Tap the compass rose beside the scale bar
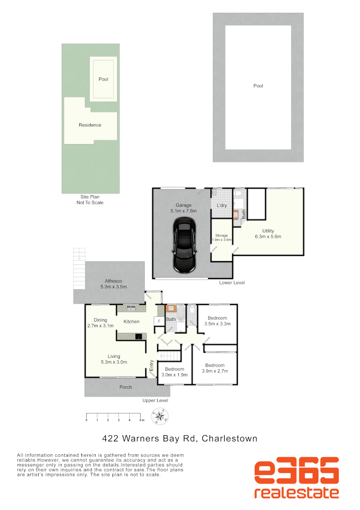pos(160,417)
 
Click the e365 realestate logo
pos(296,478)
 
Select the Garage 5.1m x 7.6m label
pos(184,208)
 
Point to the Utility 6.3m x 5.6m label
pos(268,234)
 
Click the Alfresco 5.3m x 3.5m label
pos(113,284)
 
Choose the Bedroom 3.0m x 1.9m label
pos(175,371)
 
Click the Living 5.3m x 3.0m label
pos(114,359)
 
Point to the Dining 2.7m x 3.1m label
pos(100,323)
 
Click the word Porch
pos(126,387)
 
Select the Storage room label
pos(222,238)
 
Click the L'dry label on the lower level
pos(222,206)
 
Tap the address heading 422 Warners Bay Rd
pos(180,438)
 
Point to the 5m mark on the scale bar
pos(141,420)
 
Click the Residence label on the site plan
pos(90,125)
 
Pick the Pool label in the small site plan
pos(103,79)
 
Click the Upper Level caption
pos(155,400)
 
